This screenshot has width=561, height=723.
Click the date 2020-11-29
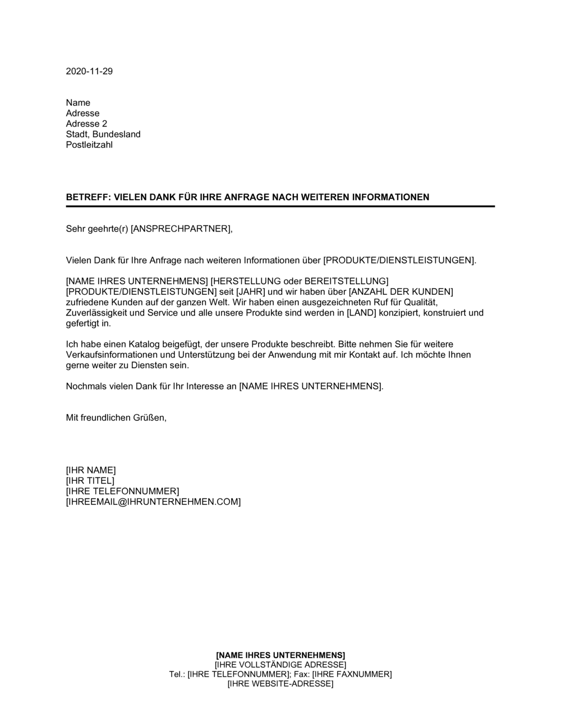[89, 71]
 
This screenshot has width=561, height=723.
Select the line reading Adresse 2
[86, 124]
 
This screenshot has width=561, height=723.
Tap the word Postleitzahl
[89, 145]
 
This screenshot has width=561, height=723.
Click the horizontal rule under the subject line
[280, 207]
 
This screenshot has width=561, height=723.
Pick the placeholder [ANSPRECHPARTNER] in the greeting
[181, 229]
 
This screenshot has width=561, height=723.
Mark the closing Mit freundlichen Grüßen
[116, 418]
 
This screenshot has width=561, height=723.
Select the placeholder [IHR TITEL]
[90, 481]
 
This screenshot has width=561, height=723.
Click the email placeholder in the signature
[153, 502]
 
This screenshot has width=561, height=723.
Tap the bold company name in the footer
[280, 655]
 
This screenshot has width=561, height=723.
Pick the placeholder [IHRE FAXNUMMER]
[352, 674]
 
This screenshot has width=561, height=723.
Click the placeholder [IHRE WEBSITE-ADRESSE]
[280, 684]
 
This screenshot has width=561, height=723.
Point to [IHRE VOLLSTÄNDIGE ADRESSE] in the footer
[280, 665]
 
